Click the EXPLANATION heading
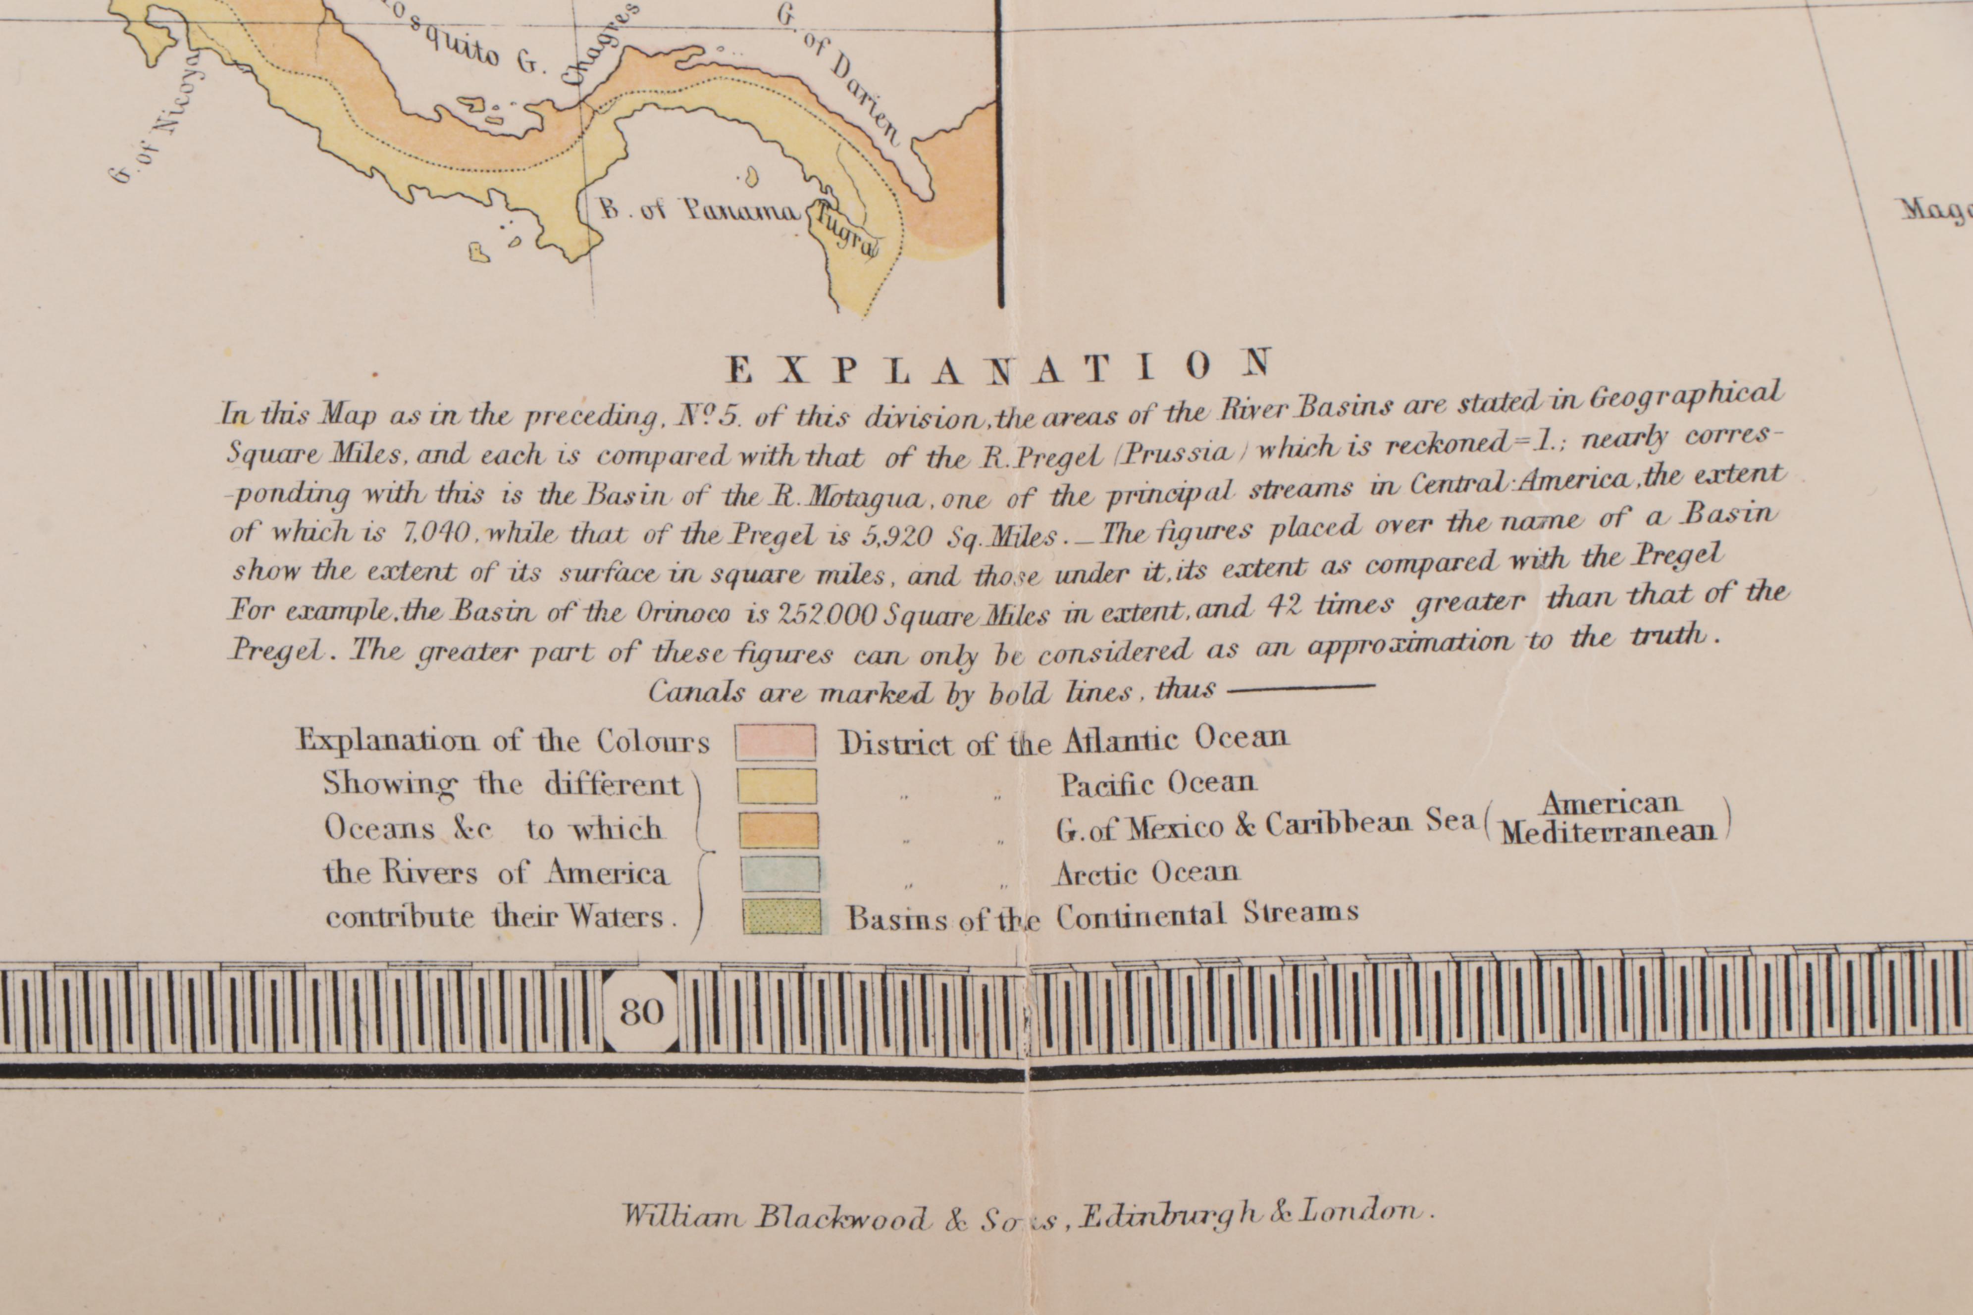pyautogui.click(x=998, y=367)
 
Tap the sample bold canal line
pyautogui.click(x=1300, y=688)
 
